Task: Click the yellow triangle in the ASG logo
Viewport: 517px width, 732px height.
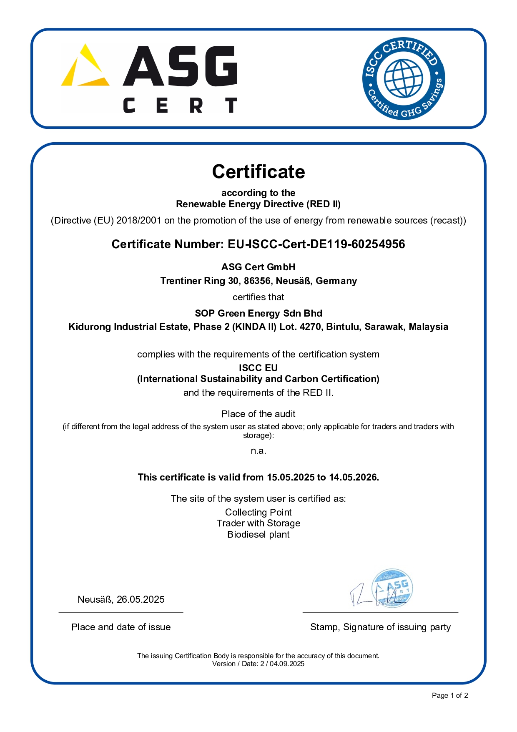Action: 85,67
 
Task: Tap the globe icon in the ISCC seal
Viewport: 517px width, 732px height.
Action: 403,78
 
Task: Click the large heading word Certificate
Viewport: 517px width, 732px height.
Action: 258,171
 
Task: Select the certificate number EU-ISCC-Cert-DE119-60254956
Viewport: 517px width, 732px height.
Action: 316,244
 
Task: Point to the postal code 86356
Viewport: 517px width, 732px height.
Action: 257,281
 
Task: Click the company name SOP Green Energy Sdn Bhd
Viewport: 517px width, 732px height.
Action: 258,313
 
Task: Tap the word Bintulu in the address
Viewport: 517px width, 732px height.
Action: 344,327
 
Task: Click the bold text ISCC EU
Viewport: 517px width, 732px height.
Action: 258,368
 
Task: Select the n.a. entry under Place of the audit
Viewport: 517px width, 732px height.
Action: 258,451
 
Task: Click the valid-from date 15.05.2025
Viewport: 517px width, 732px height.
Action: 291,477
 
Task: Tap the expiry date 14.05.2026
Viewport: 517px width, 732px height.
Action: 353,477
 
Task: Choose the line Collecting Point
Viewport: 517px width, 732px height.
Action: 258,512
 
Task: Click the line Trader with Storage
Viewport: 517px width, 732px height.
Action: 258,523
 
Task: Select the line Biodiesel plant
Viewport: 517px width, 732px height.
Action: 258,534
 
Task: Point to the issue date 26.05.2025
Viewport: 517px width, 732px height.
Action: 141,599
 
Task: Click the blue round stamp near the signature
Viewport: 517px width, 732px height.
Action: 392,588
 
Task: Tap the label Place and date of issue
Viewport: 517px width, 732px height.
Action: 121,627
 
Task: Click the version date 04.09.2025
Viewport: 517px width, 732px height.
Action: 287,664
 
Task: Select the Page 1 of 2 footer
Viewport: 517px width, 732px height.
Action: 450,695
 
